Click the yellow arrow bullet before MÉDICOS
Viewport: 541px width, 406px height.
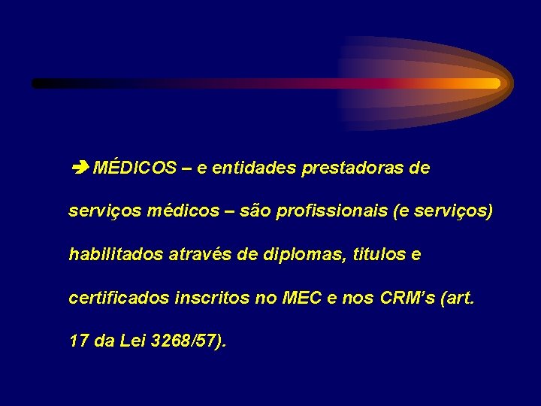79,168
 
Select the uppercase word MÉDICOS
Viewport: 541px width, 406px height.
134,168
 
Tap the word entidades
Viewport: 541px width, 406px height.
255,168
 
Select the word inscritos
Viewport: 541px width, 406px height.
212,298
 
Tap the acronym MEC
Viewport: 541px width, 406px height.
301,298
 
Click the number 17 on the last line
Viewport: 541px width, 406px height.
79,341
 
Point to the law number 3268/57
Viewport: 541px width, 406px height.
183,341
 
